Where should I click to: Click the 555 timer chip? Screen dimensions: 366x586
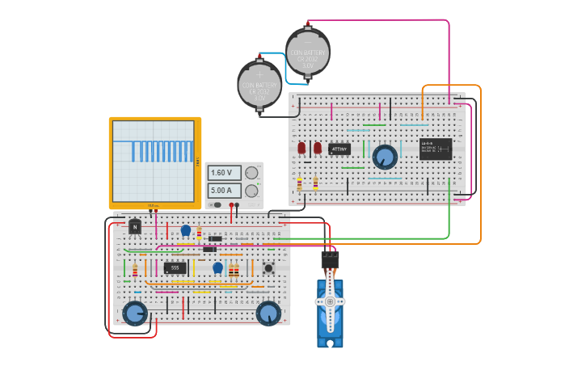point(175,267)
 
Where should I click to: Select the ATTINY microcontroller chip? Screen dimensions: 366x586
point(339,149)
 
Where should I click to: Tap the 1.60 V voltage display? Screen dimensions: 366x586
point(224,173)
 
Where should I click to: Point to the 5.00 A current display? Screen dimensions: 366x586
point(224,191)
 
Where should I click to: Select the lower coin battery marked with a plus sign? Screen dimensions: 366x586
point(259,83)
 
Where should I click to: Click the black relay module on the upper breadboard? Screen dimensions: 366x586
point(436,149)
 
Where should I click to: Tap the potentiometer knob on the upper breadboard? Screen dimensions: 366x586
point(385,156)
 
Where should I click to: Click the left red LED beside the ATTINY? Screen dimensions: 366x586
point(301,149)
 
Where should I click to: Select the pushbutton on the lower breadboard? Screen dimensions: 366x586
point(268,267)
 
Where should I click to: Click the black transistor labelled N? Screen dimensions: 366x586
point(135,227)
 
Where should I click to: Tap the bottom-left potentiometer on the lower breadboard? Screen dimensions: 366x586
point(134,313)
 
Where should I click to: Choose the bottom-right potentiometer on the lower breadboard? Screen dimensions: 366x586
point(268,313)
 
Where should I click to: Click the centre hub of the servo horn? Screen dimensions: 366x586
point(330,301)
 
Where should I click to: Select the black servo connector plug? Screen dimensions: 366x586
point(330,259)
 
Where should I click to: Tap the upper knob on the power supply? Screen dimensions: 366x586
point(252,172)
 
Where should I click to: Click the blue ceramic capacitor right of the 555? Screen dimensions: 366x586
point(217,267)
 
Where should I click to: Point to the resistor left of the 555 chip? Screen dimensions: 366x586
point(135,270)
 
